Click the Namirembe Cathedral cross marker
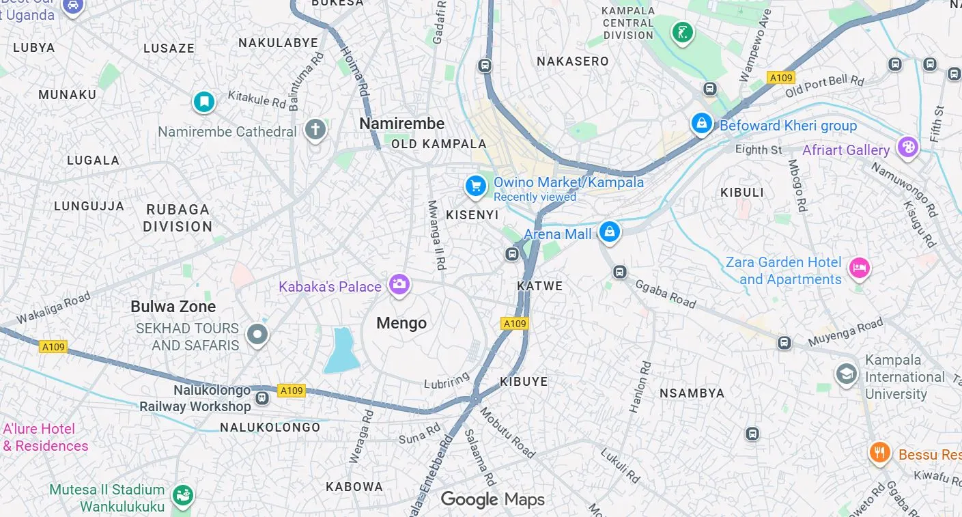pyautogui.click(x=315, y=129)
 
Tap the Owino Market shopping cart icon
pyautogui.click(x=475, y=185)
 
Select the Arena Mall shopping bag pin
pyautogui.click(x=609, y=232)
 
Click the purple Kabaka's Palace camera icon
pyautogui.click(x=399, y=283)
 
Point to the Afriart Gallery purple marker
pyautogui.click(x=907, y=146)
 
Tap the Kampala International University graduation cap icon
pyautogui.click(x=847, y=374)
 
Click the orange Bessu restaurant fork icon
pyautogui.click(x=880, y=451)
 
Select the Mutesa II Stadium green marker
pyautogui.click(x=182, y=495)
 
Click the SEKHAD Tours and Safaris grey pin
pyautogui.click(x=257, y=335)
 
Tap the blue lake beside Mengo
pyautogui.click(x=341, y=351)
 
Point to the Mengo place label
pyautogui.click(x=401, y=323)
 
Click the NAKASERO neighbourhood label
pyautogui.click(x=572, y=61)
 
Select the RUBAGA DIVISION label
pyautogui.click(x=178, y=218)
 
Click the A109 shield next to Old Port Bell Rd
pyautogui.click(x=780, y=78)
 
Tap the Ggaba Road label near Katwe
pyautogui.click(x=665, y=294)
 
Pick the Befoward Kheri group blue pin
pyautogui.click(x=701, y=124)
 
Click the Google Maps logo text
pyautogui.click(x=492, y=499)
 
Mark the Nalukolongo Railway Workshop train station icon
pyautogui.click(x=261, y=397)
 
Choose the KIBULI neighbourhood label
pyautogui.click(x=742, y=193)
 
